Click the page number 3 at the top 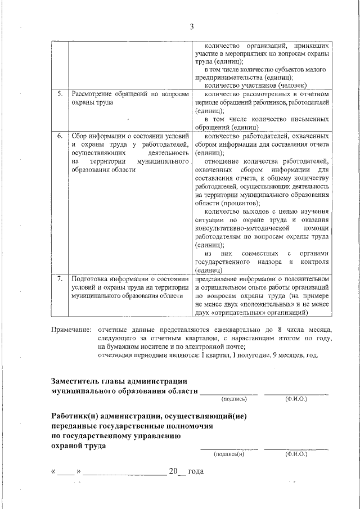[x=191, y=26]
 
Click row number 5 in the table [x=60, y=94]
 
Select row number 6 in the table [x=60, y=136]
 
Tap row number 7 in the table [x=60, y=278]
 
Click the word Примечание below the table [x=71, y=328]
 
